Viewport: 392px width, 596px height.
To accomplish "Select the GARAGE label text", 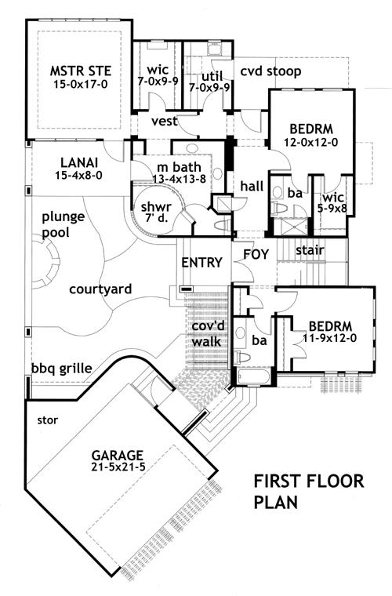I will tap(116, 454).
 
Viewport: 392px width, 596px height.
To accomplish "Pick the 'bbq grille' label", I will tap(60, 368).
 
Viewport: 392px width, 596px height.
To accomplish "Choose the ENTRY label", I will tap(201, 262).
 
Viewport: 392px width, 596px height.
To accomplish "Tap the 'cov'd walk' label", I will tap(208, 333).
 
